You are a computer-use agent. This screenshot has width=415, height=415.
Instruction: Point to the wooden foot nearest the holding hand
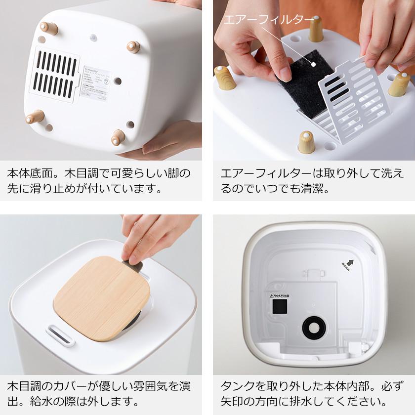pyautogui.click(x=118, y=138)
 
